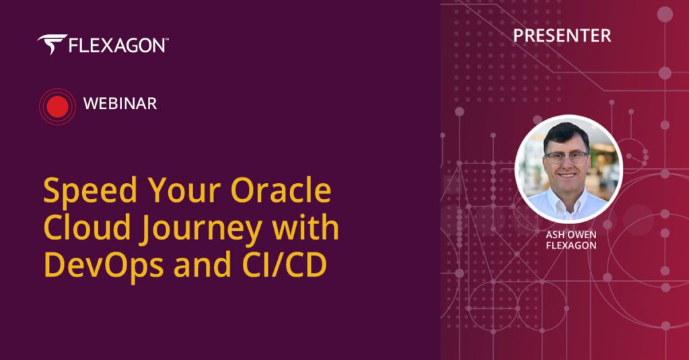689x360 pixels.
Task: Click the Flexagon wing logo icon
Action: (52, 44)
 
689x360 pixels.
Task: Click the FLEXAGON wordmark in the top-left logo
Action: (116, 46)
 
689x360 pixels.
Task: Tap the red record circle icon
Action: (58, 107)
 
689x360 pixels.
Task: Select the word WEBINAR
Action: (120, 104)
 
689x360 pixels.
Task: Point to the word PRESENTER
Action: (562, 36)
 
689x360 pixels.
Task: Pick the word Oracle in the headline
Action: (281, 190)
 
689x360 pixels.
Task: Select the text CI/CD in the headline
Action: (285, 264)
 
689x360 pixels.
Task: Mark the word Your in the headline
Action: (184, 190)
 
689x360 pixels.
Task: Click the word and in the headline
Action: (202, 264)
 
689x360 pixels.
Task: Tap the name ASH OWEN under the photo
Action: (571, 235)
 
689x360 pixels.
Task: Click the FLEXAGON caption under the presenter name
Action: (571, 246)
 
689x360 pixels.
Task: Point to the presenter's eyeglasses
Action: (567, 157)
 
